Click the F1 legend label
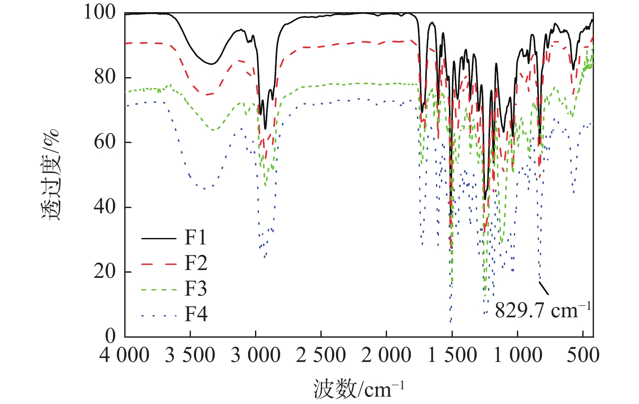click(x=196, y=238)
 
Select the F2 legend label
click(x=196, y=263)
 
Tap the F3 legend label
click(x=196, y=289)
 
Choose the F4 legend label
click(x=196, y=314)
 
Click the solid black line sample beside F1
click(x=159, y=238)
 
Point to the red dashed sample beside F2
click(x=159, y=264)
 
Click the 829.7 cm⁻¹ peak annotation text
click(x=542, y=310)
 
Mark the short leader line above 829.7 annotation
click(x=544, y=288)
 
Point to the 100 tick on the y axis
click(x=100, y=13)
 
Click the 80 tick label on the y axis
click(x=105, y=77)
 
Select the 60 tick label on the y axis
click(x=105, y=142)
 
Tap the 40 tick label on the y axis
click(x=105, y=207)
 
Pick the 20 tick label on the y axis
click(x=105, y=272)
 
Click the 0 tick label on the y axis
click(x=111, y=336)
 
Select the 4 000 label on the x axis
click(x=124, y=356)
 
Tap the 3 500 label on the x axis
click(x=190, y=356)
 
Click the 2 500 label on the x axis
click(x=321, y=356)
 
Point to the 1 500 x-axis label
click(x=452, y=356)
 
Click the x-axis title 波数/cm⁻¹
click(x=358, y=389)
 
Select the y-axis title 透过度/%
click(x=51, y=175)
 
